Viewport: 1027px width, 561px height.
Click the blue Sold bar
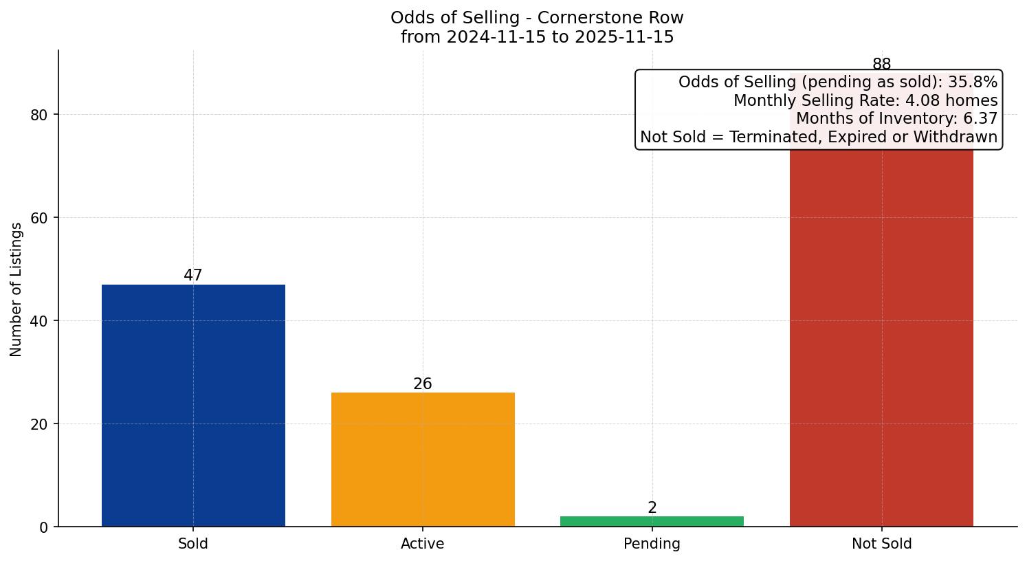point(193,406)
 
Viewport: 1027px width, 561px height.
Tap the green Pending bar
point(652,521)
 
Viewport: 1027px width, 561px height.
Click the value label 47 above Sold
point(193,275)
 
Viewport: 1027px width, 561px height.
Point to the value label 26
point(423,384)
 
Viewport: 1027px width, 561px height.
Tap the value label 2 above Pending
point(652,508)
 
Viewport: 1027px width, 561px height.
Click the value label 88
point(881,64)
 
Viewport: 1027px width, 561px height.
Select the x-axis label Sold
point(193,544)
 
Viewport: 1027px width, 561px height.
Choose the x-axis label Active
point(423,544)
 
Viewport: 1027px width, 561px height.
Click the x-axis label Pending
point(652,544)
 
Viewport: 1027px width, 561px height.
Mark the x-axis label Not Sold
point(881,544)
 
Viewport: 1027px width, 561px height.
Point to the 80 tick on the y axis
point(39,115)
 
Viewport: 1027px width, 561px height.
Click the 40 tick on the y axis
point(39,321)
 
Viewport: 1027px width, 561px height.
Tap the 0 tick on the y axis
point(44,527)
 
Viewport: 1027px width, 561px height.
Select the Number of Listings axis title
point(16,289)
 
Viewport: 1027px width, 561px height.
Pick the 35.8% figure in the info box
point(973,82)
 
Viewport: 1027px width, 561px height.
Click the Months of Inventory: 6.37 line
point(896,118)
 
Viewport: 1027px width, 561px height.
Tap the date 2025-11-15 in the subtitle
point(624,37)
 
